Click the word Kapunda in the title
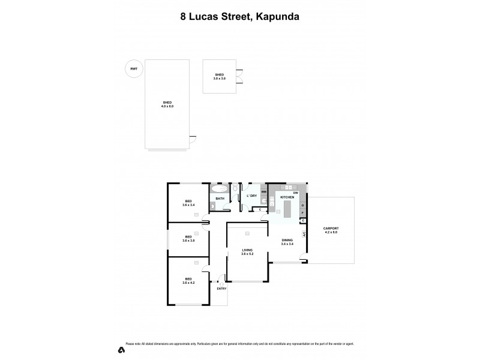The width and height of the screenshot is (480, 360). (x=277, y=17)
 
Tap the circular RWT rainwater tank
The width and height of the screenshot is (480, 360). (x=133, y=69)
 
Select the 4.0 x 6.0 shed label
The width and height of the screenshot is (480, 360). (x=167, y=104)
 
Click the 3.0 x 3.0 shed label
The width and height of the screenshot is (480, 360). (x=219, y=77)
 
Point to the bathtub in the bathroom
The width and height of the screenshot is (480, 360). (x=219, y=188)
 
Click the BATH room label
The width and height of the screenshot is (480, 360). (x=220, y=199)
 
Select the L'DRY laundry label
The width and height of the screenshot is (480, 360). (x=252, y=196)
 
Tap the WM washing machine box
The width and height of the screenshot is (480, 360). (x=263, y=193)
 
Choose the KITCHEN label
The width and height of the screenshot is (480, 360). (x=287, y=197)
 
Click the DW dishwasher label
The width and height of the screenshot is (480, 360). (x=296, y=192)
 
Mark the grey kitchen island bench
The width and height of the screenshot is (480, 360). (x=287, y=209)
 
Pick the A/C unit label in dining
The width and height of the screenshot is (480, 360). (x=304, y=234)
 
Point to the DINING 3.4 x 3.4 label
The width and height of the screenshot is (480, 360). (x=287, y=242)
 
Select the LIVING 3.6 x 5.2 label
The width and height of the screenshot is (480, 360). (x=247, y=251)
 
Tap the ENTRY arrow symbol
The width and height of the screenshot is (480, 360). (x=221, y=283)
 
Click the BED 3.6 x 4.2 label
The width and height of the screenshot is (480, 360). (x=188, y=281)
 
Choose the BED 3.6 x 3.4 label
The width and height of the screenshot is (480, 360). (x=188, y=203)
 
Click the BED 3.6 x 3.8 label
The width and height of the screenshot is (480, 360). (x=188, y=238)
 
